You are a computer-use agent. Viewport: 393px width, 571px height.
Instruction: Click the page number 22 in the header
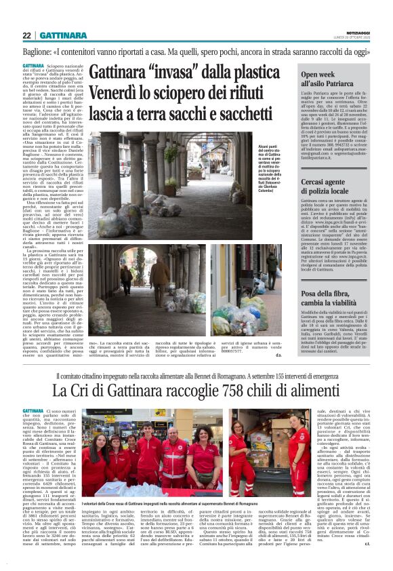click(x=26, y=35)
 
